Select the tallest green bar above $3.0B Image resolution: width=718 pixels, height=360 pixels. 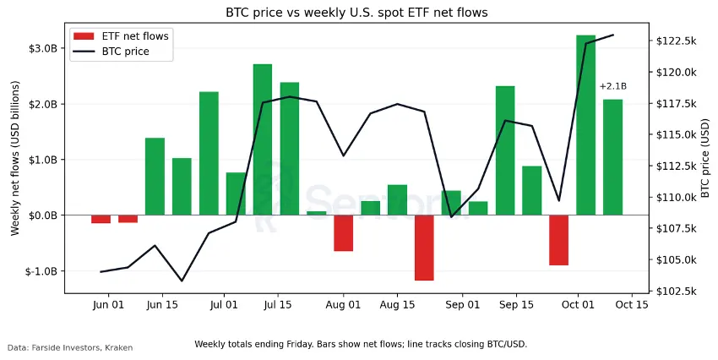(585, 125)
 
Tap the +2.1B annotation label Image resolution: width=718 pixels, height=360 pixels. (612, 86)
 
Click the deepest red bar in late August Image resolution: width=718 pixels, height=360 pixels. (424, 248)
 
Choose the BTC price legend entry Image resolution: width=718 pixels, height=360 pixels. (125, 52)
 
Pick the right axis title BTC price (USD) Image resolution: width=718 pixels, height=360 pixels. (705, 158)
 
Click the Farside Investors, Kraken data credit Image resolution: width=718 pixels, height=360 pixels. (70, 347)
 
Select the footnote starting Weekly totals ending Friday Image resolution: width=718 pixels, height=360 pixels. (361, 344)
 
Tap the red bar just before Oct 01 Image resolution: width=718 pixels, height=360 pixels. (558, 240)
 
